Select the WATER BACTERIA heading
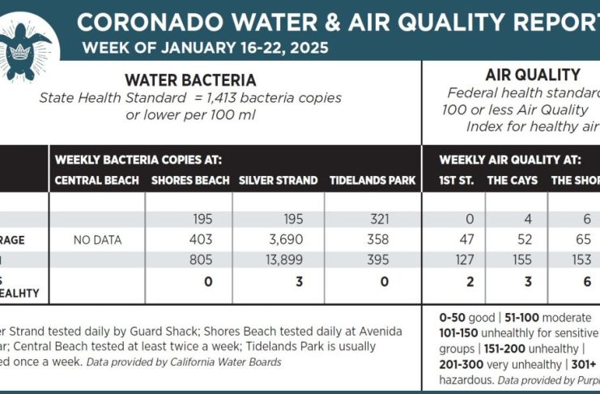[x=189, y=79]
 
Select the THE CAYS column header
[x=512, y=180]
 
